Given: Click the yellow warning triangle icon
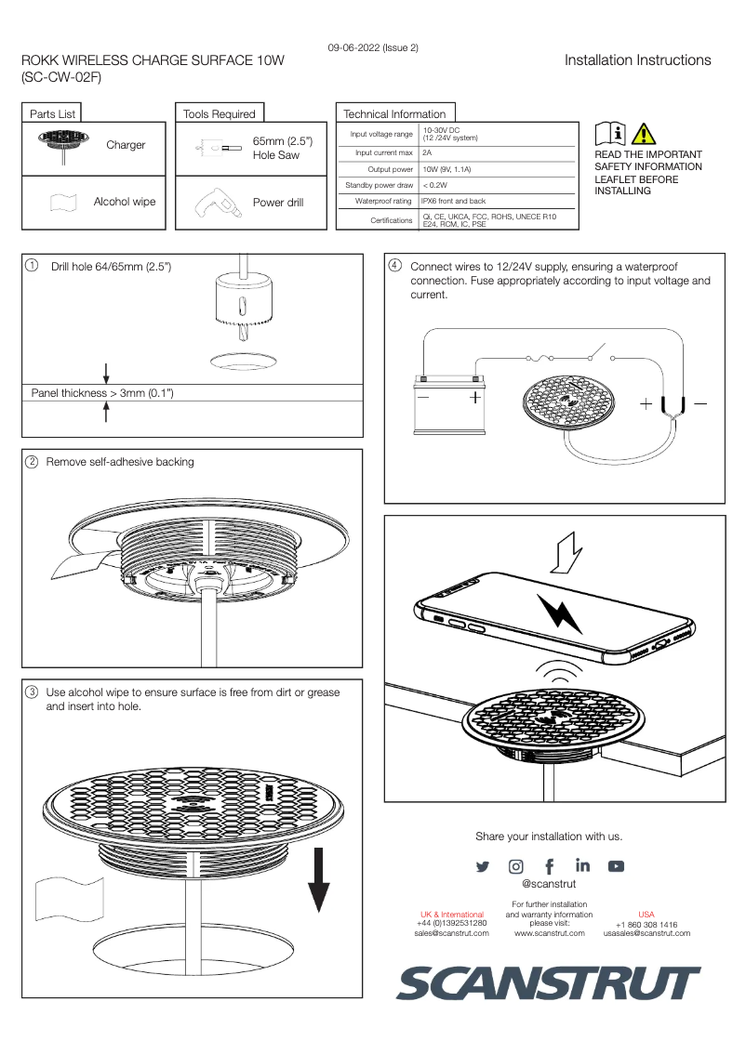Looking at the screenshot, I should point(643,134).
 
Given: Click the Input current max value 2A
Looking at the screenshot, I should point(427,152).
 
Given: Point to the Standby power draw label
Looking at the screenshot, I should point(379,185).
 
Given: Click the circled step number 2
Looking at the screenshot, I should point(32,462).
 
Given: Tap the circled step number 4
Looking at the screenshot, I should point(394,266).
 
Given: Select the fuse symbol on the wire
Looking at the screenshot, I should point(541,358).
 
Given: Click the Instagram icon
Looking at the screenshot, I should point(515,866).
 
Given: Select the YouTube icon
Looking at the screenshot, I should point(616,866).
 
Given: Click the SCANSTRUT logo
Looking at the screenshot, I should point(549,983).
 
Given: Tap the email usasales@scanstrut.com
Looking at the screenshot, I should point(646,933).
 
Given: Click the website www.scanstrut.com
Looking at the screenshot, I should point(549,933).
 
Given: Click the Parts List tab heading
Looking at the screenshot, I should point(52,113).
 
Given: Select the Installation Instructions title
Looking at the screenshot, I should point(637,60).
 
